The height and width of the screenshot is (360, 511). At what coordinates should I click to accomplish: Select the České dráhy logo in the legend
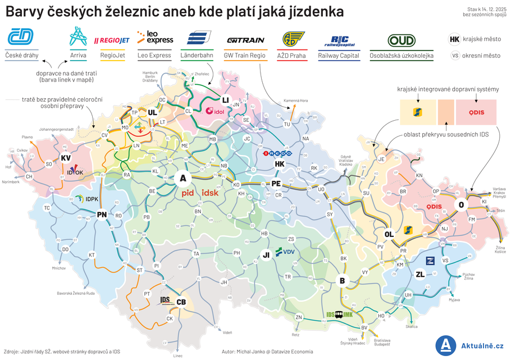click(21, 38)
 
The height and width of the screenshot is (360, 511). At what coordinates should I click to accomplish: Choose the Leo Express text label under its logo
click(154, 56)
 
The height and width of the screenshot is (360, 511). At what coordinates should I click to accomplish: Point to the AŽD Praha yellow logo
click(294, 40)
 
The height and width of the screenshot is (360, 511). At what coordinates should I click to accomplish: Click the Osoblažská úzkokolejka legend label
click(402, 56)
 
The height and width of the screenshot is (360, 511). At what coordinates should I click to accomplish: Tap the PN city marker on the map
click(102, 215)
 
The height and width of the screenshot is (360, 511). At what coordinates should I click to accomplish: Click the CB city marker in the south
click(181, 302)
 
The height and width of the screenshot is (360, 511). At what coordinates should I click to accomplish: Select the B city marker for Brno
click(341, 280)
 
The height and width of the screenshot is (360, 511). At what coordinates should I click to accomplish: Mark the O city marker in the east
click(461, 205)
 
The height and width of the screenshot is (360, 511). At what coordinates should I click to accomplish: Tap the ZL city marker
click(420, 275)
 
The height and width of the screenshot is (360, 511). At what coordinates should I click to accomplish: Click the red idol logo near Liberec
click(215, 111)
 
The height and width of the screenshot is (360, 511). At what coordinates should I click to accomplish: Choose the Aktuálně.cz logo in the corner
click(470, 345)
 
